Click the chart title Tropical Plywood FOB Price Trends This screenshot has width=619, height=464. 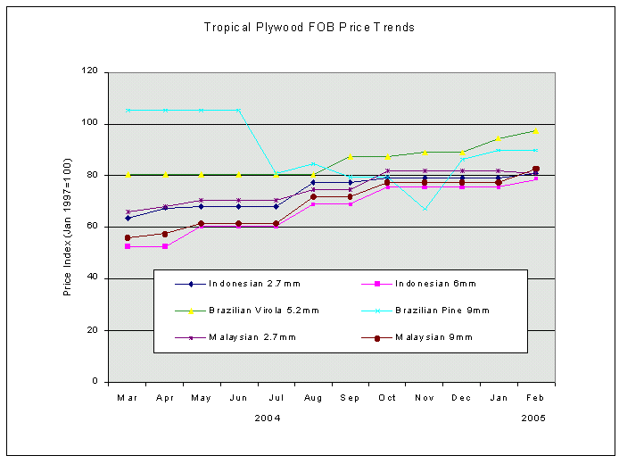tap(309, 28)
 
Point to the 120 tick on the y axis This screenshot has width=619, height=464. tap(91, 72)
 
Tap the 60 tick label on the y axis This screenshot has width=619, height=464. tap(94, 227)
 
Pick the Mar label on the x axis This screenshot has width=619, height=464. tap(128, 397)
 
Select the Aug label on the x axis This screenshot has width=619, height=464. tap(313, 397)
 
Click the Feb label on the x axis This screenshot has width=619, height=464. tap(535, 397)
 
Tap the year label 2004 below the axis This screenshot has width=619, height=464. tap(268, 417)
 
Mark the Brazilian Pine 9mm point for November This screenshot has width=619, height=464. tap(425, 209)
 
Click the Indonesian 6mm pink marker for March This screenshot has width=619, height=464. tap(128, 246)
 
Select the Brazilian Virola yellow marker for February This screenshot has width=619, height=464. tap(535, 131)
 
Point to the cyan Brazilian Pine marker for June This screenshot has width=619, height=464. tap(239, 110)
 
